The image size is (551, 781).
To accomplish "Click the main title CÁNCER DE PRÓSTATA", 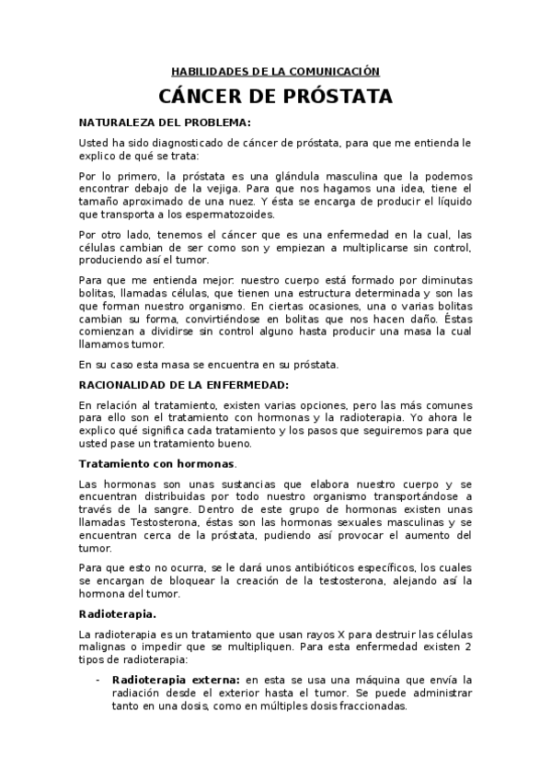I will [275, 97].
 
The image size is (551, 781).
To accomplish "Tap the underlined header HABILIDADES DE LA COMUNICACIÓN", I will [275, 71].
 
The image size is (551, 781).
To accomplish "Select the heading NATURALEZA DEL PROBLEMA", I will [165, 122].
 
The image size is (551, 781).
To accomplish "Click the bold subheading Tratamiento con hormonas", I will [157, 462].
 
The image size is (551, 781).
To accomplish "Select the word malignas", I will [103, 647].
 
